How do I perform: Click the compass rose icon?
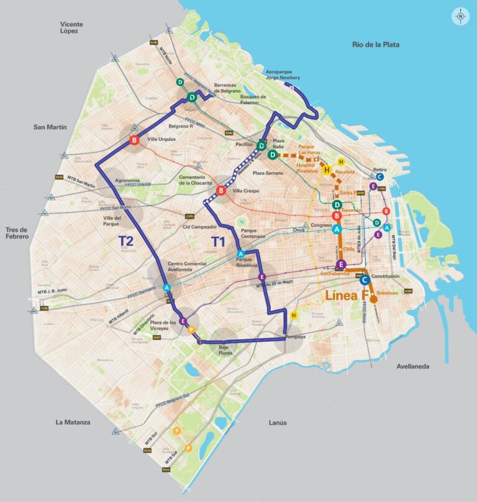pyautogui.click(x=460, y=17)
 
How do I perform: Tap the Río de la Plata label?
pyautogui.click(x=376, y=45)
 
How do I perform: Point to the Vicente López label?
pyautogui.click(x=71, y=28)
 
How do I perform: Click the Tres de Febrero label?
pyautogui.click(x=22, y=232)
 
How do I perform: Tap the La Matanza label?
pyautogui.click(x=73, y=422)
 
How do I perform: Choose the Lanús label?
pyautogui.click(x=278, y=422)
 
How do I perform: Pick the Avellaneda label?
pyautogui.click(x=413, y=367)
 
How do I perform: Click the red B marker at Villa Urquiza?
pyautogui.click(x=134, y=141)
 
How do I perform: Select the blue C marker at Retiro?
pyautogui.click(x=380, y=176)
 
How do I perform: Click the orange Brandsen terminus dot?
pyautogui.click(x=374, y=299)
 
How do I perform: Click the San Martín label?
pyautogui.click(x=50, y=127)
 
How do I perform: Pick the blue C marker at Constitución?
pyautogui.click(x=365, y=280)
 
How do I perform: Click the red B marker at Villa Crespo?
pyautogui.click(x=221, y=191)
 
